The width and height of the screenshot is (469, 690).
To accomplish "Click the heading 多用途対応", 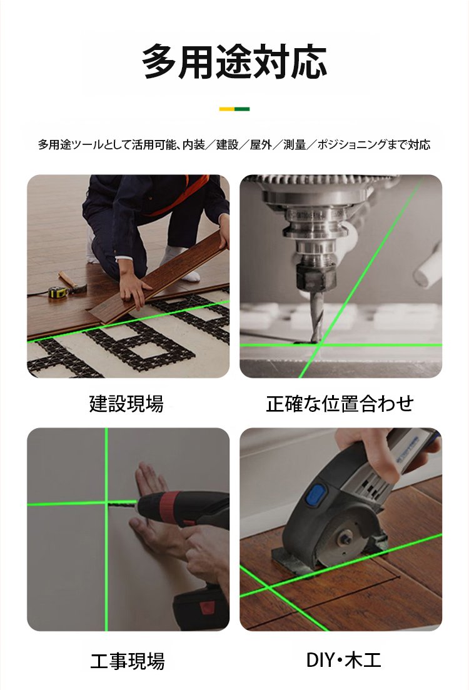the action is coord(234,61).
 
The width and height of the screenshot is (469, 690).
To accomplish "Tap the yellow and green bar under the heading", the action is coord(234,109).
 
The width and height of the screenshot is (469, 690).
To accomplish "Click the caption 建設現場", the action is coord(126,404).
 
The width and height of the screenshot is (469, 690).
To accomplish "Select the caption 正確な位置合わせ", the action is coord(340,404).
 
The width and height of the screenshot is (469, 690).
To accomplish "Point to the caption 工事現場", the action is coord(128,661).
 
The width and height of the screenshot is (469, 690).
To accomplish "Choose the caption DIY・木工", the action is coord(343,660).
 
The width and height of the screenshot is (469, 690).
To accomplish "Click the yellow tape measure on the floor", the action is coord(57,292).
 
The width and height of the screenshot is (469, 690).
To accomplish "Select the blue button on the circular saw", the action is coord(316,495).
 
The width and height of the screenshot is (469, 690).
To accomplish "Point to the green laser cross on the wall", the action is coord(106,503).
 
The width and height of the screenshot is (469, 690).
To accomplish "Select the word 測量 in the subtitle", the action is coord(295,145).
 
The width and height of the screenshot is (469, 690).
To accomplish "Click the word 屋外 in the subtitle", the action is coord(261,145).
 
